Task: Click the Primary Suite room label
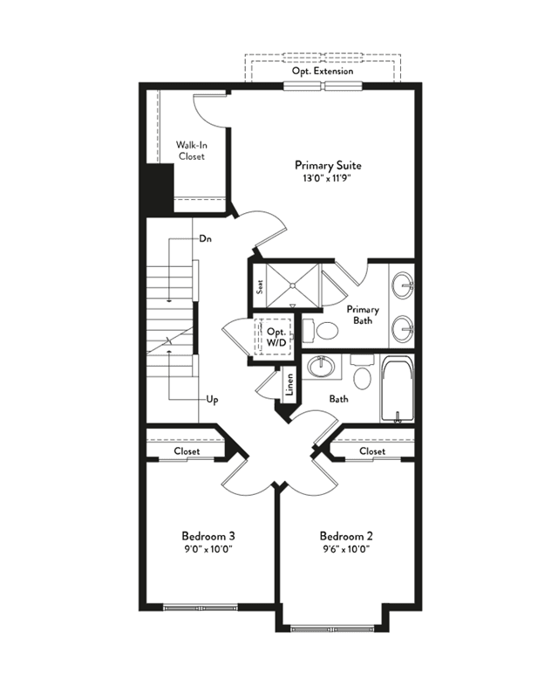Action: tap(328, 165)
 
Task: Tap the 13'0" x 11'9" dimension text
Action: tap(328, 178)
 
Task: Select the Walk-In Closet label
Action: tap(192, 150)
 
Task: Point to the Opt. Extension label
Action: tap(323, 71)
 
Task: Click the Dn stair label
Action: tap(205, 239)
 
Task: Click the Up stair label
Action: tap(212, 400)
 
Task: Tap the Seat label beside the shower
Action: tap(260, 286)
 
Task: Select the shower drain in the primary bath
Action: tap(292, 285)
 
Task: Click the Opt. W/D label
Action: tap(276, 337)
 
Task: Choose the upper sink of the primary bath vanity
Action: tap(402, 285)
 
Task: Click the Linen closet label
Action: tap(289, 384)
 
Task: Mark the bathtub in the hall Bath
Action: tap(397, 389)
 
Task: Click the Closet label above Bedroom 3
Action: tap(187, 450)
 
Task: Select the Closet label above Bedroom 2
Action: tap(372, 450)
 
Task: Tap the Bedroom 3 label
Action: tap(208, 536)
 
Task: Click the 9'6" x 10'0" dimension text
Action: tap(347, 549)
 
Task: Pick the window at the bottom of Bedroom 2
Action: tap(332, 629)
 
